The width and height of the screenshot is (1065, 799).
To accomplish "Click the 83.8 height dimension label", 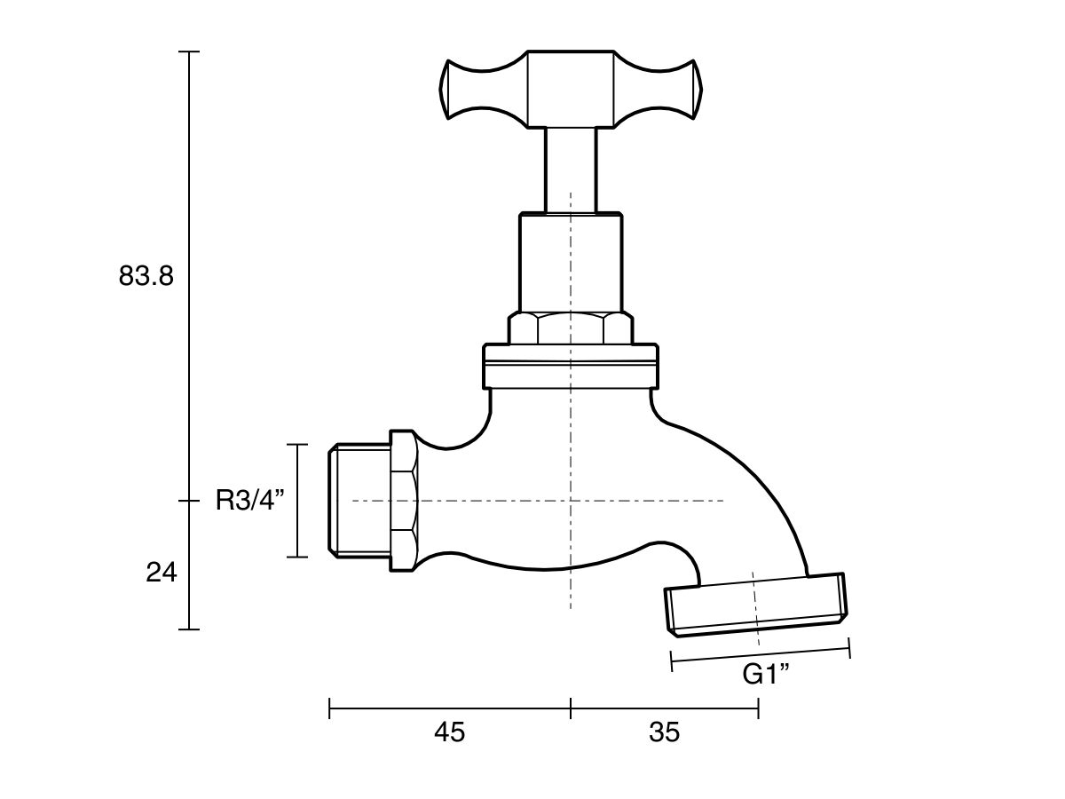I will [x=146, y=276].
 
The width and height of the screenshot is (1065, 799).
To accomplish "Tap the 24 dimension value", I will [x=162, y=573].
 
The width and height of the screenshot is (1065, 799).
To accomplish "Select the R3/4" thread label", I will [x=250, y=502].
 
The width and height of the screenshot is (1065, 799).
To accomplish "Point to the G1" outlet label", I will [x=766, y=675].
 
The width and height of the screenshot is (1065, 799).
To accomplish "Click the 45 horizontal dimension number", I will [x=449, y=732].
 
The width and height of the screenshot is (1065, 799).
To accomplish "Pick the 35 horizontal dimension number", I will [x=664, y=732].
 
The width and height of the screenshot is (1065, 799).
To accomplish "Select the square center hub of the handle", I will [x=570, y=89].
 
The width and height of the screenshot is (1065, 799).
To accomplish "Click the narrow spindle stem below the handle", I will [x=570, y=169].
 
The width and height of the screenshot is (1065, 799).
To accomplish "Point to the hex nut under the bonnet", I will [x=570, y=328].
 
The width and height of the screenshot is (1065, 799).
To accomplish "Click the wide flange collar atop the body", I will [x=570, y=367].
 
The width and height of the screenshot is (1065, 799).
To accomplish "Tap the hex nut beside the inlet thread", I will [x=403, y=502].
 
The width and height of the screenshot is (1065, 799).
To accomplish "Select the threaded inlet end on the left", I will [x=359, y=502].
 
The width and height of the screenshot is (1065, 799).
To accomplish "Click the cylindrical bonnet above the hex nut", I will [x=570, y=262].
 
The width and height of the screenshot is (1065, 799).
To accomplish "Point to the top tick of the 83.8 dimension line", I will [x=189, y=51].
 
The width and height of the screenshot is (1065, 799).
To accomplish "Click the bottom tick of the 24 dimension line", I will [x=189, y=629].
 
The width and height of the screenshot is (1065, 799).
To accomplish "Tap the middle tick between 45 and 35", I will [x=570, y=708].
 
